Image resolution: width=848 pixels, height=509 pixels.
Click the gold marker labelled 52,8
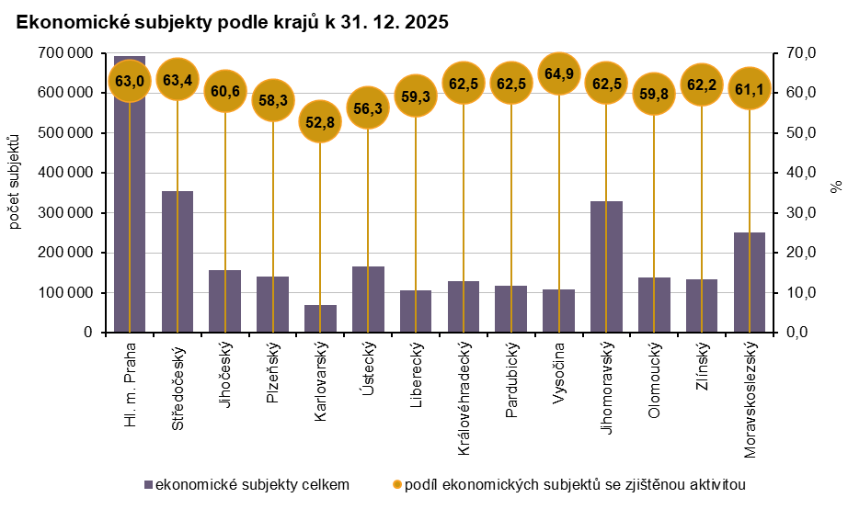pos(320,121)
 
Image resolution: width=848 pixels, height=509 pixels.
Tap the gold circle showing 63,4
pos(177,80)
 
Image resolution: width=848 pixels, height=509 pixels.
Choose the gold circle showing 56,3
pos(368,107)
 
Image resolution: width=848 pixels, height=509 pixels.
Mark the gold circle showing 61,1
pos(749,89)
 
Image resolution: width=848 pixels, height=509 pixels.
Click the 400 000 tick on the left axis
pos(66,173)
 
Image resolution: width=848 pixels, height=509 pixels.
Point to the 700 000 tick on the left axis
pos(66,53)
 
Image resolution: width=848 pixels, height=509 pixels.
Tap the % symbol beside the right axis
pos(835,187)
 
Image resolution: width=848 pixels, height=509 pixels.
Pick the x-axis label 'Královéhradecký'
pos(464,399)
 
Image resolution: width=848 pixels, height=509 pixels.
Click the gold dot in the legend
pos(397,484)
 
